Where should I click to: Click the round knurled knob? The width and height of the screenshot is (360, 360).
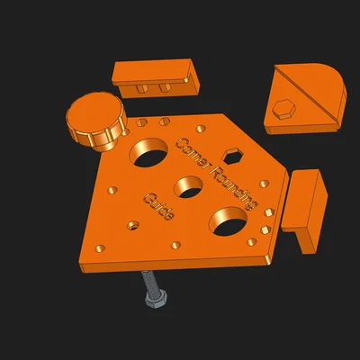(95, 120)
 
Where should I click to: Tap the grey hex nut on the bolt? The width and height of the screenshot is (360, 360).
(156, 299)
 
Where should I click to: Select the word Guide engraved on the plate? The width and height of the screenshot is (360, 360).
(159, 207)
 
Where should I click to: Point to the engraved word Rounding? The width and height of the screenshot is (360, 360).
(233, 187)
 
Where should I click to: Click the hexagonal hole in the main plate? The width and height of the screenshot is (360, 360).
(232, 157)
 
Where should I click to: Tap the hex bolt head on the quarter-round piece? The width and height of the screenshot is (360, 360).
(283, 109)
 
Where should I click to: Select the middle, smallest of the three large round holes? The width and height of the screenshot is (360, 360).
(188, 187)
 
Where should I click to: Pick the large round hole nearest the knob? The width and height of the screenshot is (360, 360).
(148, 153)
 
